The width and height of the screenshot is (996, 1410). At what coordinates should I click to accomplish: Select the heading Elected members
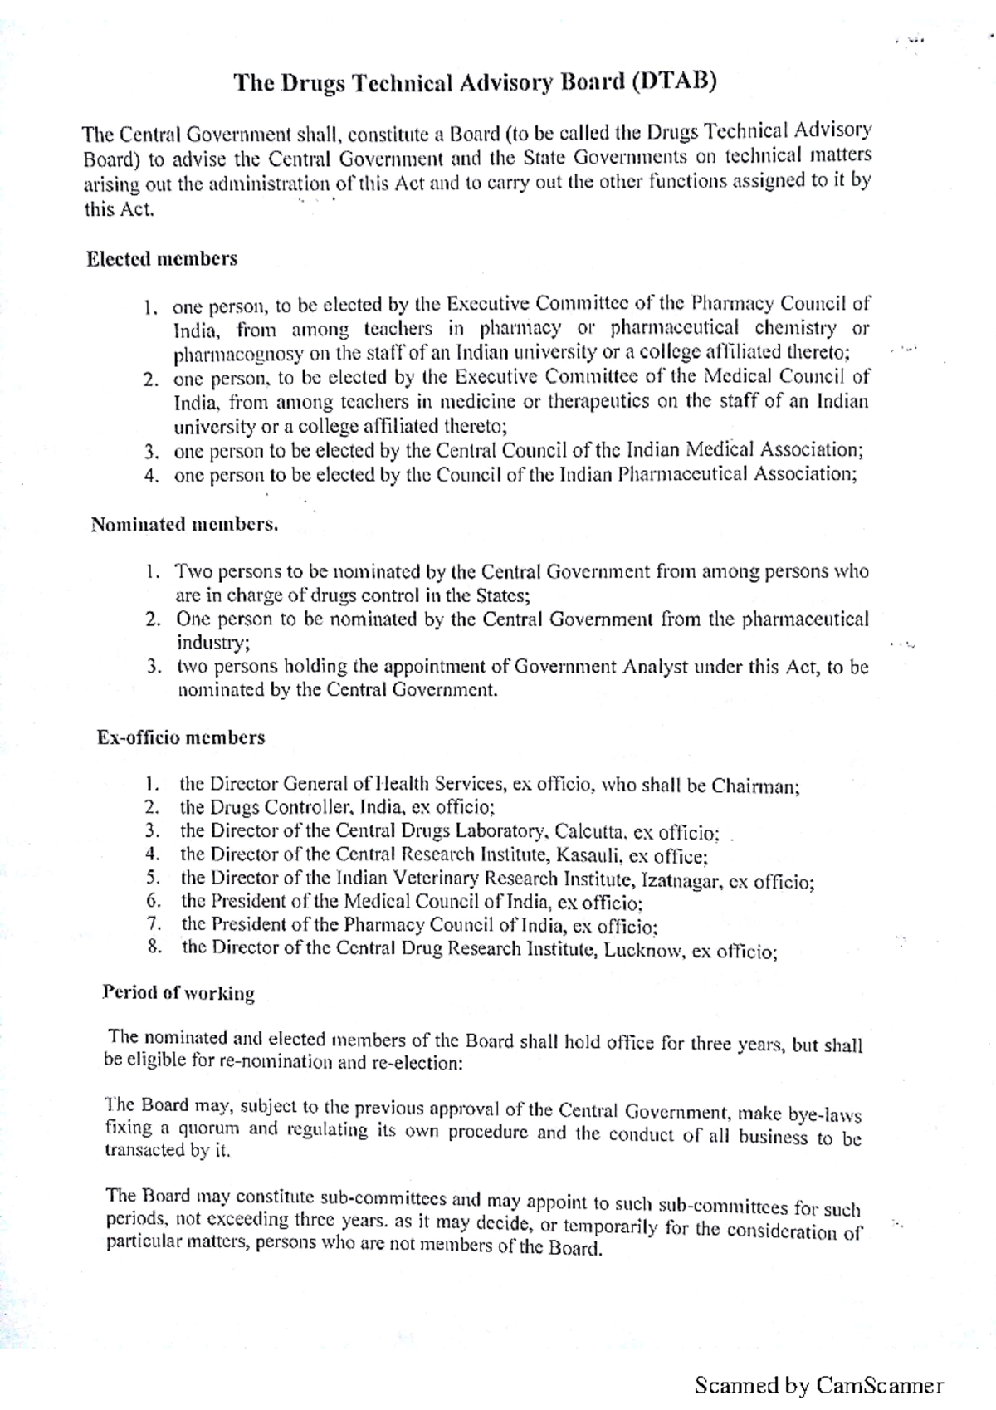click(162, 259)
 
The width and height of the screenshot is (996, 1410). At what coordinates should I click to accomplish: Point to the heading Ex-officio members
click(181, 737)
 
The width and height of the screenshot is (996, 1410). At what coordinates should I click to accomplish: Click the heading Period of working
click(178, 993)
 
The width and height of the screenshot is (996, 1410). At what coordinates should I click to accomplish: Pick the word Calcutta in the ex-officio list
click(590, 832)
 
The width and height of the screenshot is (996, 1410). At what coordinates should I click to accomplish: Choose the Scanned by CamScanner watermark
click(818, 1385)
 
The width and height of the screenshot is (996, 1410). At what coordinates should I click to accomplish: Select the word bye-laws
click(828, 1114)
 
